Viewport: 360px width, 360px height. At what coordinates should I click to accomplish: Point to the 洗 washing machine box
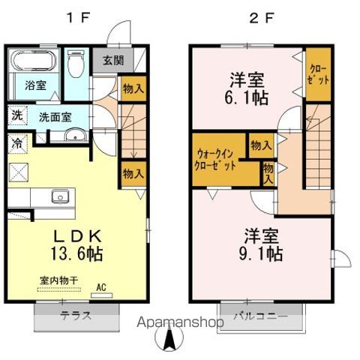click(16, 117)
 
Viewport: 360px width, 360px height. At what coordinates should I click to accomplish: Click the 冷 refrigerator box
click(16, 141)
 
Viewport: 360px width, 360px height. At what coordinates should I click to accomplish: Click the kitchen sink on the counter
click(60, 196)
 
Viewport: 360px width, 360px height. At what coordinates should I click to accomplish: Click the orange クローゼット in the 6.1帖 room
click(316, 73)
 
